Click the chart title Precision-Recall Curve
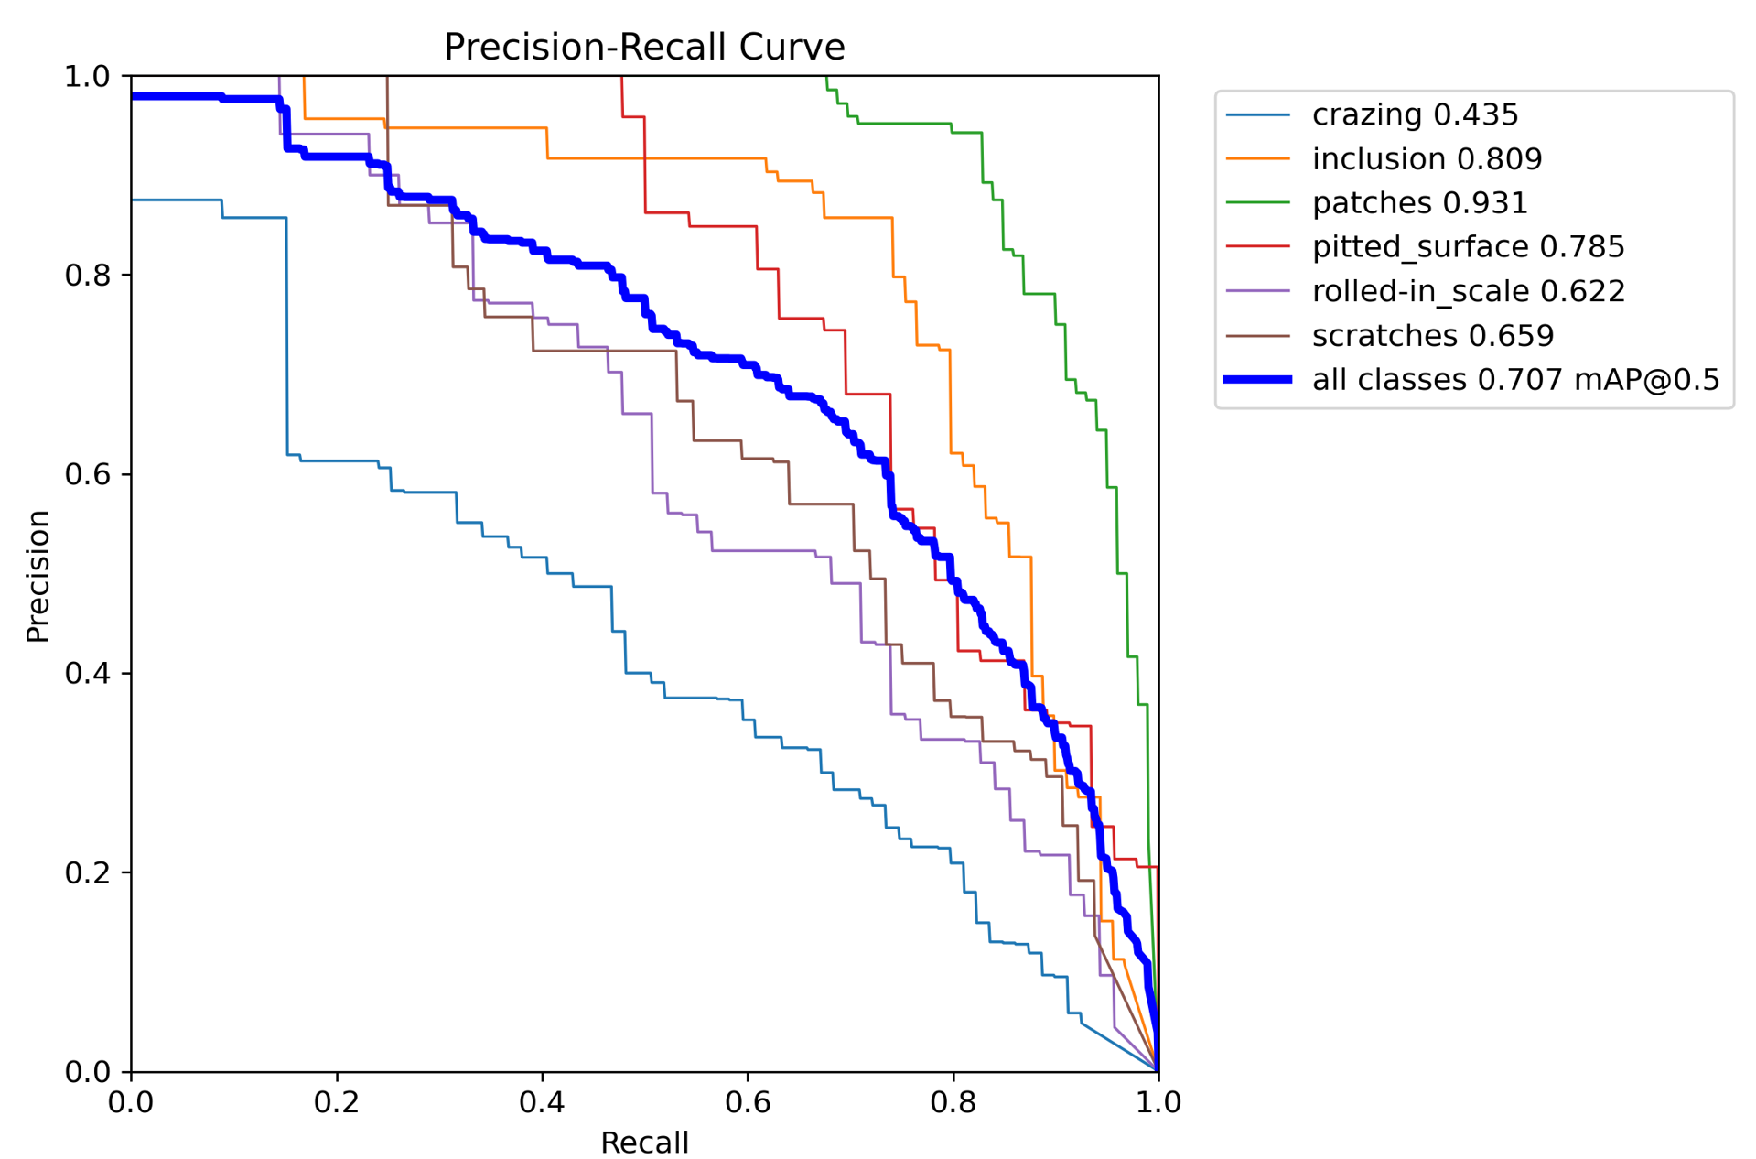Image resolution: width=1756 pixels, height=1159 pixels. point(643,47)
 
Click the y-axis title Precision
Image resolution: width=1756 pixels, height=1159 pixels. point(38,576)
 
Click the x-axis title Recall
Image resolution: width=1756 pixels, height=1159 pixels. point(644,1142)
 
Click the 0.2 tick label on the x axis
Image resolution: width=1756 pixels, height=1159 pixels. point(337,1101)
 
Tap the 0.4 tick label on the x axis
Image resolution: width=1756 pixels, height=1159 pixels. point(542,1101)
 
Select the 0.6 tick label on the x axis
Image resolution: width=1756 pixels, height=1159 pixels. point(748,1101)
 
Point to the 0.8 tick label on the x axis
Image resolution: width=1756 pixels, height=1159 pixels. point(953,1101)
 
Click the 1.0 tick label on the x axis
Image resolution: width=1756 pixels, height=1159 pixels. point(1158,1101)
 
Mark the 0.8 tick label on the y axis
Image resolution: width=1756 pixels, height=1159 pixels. point(86,275)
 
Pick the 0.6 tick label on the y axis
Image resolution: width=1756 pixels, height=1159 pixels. point(86,474)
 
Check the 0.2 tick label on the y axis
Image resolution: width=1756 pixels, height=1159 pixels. point(86,872)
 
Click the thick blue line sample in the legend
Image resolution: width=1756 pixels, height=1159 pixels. point(1257,379)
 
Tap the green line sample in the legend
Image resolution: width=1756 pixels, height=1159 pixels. point(1257,202)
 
